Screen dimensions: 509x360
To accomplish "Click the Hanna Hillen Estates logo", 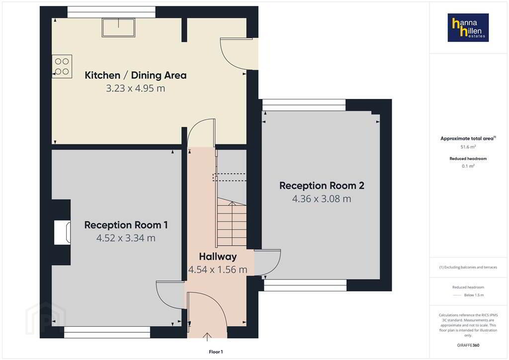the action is tap(468, 27).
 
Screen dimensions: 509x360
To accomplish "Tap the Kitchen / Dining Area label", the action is tap(136, 75).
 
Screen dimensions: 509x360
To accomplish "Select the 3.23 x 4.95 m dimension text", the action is tap(136, 89).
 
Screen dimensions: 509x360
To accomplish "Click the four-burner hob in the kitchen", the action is tap(62, 66).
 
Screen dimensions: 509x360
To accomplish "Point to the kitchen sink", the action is tap(118, 27).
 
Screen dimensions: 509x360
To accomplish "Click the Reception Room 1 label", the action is tap(126, 225).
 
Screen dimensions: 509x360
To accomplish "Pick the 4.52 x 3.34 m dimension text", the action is tap(126, 238).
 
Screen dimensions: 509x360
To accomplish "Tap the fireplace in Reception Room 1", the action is tap(62, 232).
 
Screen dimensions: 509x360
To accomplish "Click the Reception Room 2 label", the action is tap(322, 185).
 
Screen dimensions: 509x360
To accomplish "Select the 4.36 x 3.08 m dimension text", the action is tap(322, 199).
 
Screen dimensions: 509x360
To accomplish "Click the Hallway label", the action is tap(218, 257).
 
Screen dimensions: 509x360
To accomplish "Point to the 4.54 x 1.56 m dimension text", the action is tap(218, 270).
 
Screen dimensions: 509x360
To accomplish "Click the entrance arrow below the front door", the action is tap(207, 337).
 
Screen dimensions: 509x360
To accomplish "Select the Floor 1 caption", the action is tap(216, 352).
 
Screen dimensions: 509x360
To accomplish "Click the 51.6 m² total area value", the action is tap(468, 147).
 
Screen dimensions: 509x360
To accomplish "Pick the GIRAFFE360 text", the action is tap(468, 345).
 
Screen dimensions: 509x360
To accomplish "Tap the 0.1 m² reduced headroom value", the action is tap(468, 166).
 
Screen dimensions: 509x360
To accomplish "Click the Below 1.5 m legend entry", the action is tap(468, 295).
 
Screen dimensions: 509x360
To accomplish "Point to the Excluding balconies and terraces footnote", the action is tap(468, 268).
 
